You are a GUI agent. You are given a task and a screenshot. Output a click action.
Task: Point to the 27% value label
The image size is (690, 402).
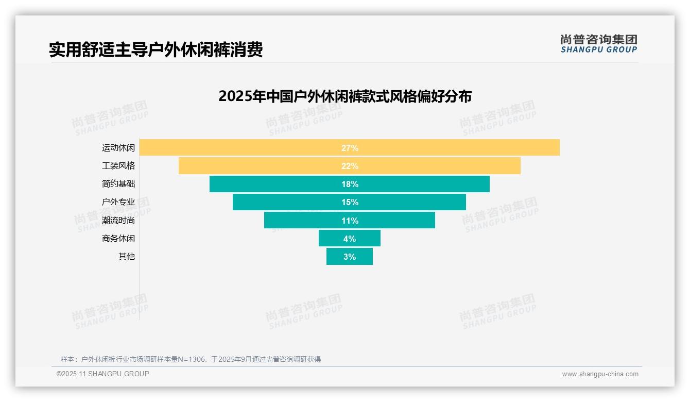tap(350, 148)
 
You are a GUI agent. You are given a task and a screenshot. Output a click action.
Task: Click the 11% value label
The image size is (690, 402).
tap(350, 221)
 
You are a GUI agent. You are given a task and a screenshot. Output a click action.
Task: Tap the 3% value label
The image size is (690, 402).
tap(350, 257)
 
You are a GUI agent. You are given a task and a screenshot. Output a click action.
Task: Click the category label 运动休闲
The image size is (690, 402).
tap(118, 148)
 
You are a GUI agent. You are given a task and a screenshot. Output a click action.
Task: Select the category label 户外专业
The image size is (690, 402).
tap(118, 202)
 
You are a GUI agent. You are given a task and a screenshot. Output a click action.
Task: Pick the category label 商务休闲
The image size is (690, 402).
tap(118, 239)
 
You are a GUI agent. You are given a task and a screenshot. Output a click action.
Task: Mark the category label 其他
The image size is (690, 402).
tap(127, 257)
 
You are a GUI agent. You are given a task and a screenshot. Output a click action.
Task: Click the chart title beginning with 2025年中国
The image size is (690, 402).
tap(344, 96)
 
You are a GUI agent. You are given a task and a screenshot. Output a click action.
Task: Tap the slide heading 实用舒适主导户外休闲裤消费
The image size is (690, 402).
tap(156, 49)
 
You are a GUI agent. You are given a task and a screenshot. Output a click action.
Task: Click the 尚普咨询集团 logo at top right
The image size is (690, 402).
tap(598, 43)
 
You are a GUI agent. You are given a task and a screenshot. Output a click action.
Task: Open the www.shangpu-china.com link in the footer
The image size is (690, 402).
tap(600, 374)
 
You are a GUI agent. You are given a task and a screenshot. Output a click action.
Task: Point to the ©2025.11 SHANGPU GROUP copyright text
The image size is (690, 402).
tap(103, 374)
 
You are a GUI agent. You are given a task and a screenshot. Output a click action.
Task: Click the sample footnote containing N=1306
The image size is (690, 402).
tap(191, 359)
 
